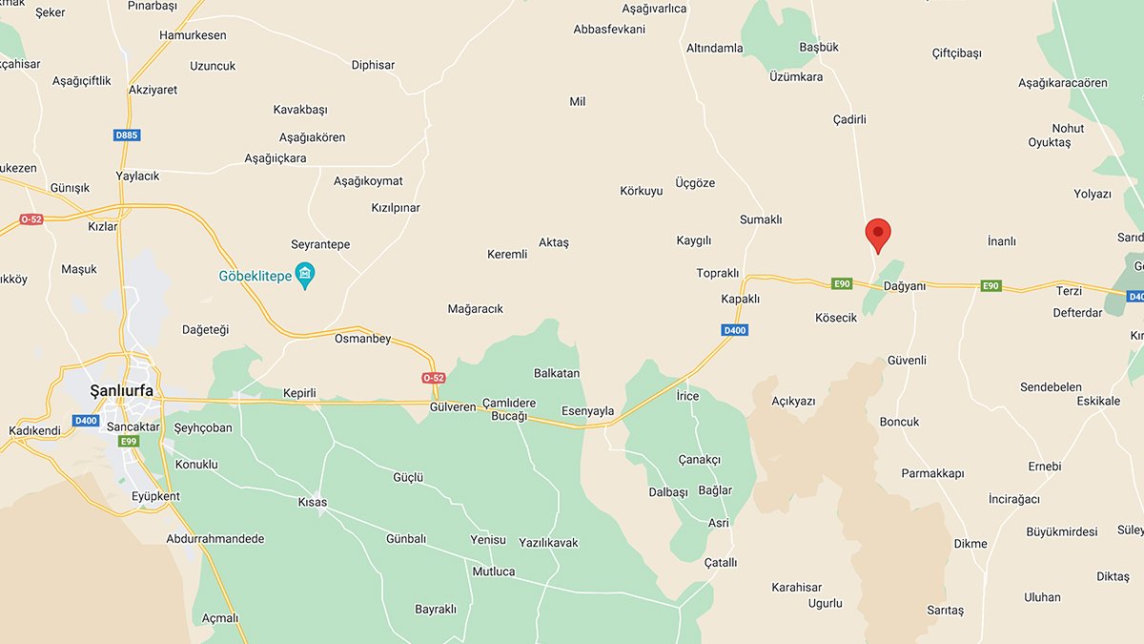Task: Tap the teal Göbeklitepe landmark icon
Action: pyautogui.click(x=305, y=277)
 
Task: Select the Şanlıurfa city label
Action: pyautogui.click(x=121, y=391)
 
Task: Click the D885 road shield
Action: pyautogui.click(x=127, y=135)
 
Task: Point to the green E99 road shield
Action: pyautogui.click(x=128, y=441)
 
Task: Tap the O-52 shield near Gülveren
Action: pyautogui.click(x=434, y=378)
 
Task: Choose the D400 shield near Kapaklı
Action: pyautogui.click(x=734, y=330)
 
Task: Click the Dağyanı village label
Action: pyautogui.click(x=905, y=286)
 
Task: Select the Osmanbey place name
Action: pyautogui.click(x=362, y=339)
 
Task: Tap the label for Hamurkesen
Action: pyautogui.click(x=193, y=35)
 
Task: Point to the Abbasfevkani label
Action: pyautogui.click(x=609, y=30)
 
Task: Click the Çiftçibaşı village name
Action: pyautogui.click(x=956, y=53)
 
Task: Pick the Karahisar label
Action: pyautogui.click(x=796, y=588)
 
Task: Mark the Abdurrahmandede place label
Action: pyautogui.click(x=215, y=539)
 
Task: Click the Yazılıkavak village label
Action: pyautogui.click(x=548, y=543)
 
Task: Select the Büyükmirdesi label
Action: pyautogui.click(x=1061, y=531)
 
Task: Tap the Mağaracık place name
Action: pyautogui.click(x=475, y=309)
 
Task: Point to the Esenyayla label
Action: pyautogui.click(x=588, y=411)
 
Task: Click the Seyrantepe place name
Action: pyautogui.click(x=320, y=244)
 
